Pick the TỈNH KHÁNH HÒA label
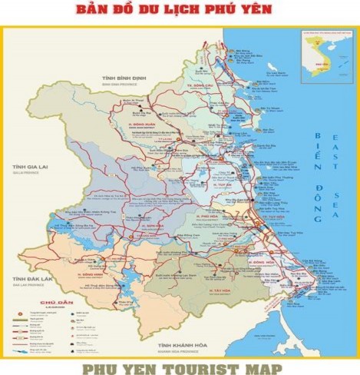182,347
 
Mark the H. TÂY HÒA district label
223,291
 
